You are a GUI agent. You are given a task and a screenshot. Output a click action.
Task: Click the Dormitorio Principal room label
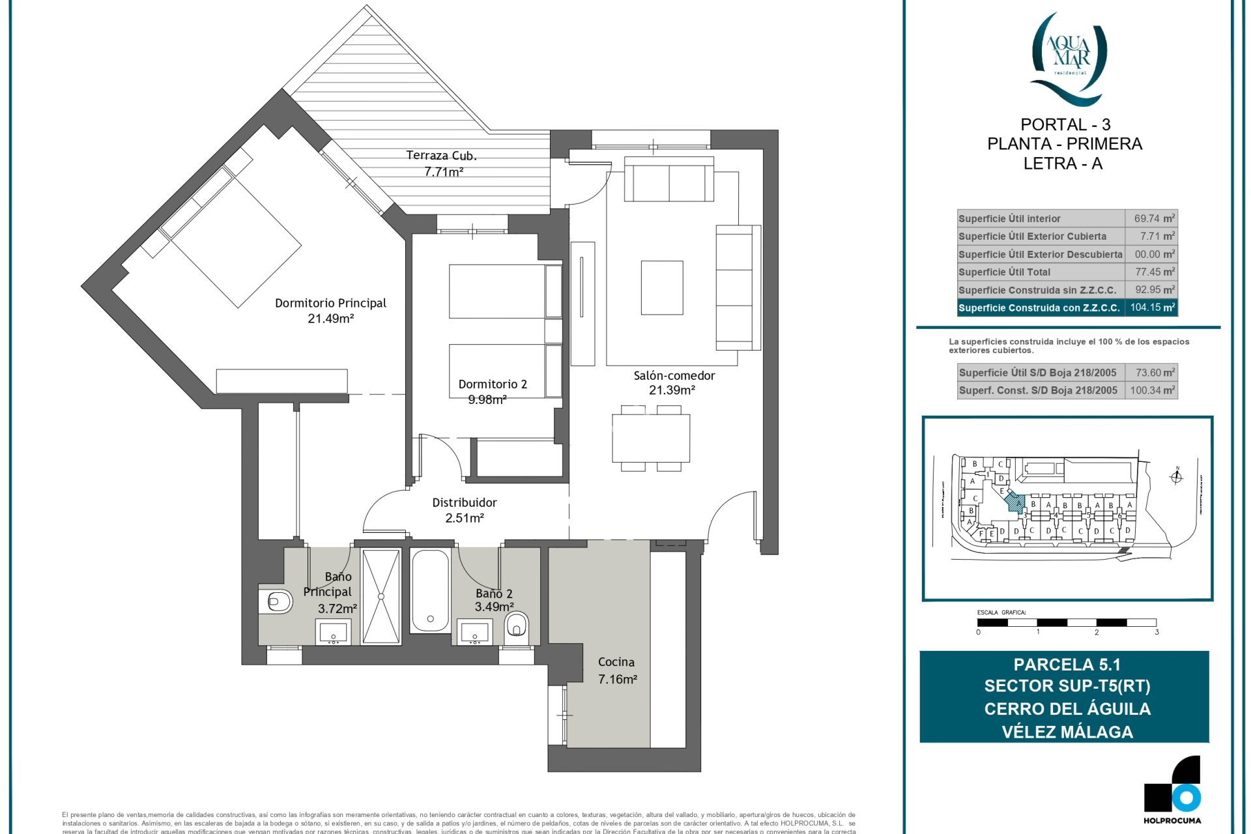point(330,303)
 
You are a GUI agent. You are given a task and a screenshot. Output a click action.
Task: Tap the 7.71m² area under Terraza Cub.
point(443,172)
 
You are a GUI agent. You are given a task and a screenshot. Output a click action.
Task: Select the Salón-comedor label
point(674,375)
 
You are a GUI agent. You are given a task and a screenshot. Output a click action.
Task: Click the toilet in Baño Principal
point(276,601)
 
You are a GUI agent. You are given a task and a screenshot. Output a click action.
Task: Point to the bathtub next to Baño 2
point(430,591)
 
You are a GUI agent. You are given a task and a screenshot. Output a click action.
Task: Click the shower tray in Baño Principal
point(381,596)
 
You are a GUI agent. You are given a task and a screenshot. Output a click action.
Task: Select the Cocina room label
point(616,662)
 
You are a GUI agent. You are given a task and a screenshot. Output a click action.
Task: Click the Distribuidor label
point(464,502)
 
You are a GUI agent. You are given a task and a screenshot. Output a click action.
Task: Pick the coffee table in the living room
point(661,287)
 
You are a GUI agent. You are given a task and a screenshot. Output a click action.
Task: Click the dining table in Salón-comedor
point(650,438)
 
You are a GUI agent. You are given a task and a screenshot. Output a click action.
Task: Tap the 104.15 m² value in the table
point(1151,308)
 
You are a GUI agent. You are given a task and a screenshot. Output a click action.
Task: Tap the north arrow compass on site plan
point(1176,477)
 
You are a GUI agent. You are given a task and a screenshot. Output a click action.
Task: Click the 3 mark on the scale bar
point(1157,632)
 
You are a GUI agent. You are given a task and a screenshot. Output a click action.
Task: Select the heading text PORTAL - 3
point(1065,124)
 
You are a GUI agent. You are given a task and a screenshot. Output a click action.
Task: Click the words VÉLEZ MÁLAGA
point(1067,732)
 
